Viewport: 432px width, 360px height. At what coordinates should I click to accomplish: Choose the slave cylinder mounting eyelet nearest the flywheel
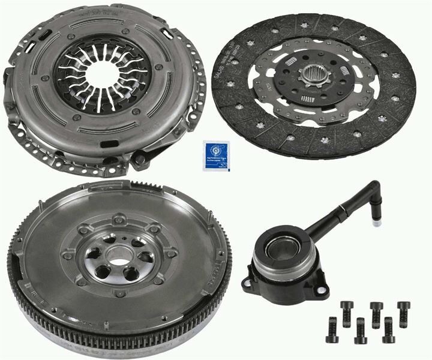pyautogui.click(x=245, y=281)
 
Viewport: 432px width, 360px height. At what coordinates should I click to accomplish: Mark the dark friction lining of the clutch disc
pyautogui.click(x=384, y=108)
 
